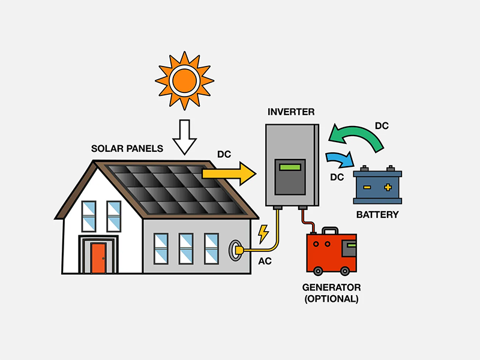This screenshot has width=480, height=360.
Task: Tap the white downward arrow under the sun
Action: click(185, 137)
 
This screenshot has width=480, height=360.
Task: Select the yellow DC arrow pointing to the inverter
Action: click(229, 173)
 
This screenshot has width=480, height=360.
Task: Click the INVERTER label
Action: click(291, 112)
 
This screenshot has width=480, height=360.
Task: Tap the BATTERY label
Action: click(377, 214)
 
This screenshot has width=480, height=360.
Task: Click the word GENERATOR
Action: click(332, 287)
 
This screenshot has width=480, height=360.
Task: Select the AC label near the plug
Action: click(265, 261)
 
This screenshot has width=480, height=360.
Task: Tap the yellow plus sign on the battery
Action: click(388, 187)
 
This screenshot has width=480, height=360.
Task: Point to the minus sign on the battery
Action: click(366, 187)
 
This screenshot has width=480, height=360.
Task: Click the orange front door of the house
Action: click(98, 258)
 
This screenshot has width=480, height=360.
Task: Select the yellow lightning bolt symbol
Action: click(263, 234)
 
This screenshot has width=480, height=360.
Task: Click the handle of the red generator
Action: click(328, 231)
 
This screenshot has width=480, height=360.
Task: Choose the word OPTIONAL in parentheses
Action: click(332, 298)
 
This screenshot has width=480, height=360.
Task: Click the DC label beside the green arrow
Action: click(382, 126)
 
